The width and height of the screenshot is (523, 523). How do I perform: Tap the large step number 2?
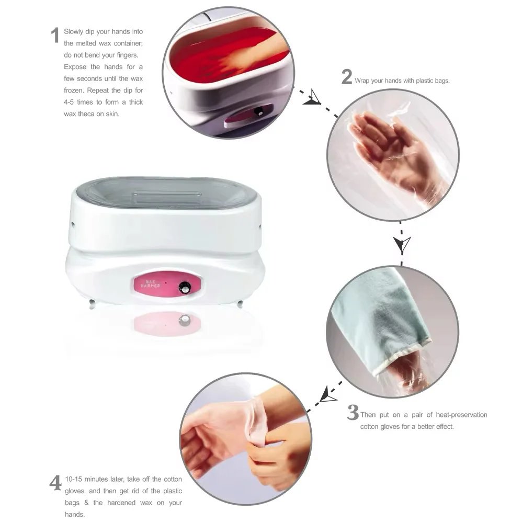point(347,77)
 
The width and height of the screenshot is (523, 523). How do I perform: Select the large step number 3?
point(353,412)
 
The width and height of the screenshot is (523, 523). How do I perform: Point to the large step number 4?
point(56,483)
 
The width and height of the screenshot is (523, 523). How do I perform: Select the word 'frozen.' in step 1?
point(74,90)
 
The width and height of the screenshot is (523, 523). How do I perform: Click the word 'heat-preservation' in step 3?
point(461,415)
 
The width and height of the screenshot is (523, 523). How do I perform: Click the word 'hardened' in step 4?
point(121,503)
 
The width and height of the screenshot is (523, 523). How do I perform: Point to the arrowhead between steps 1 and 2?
point(312,98)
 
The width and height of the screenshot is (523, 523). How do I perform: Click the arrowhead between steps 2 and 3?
point(402,244)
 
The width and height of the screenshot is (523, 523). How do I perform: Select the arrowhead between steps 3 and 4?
point(327,394)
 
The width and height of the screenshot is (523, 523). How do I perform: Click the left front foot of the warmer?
point(92,304)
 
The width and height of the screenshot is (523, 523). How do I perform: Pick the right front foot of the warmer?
point(240,304)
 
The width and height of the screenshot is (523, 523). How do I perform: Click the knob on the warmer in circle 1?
point(259,112)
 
